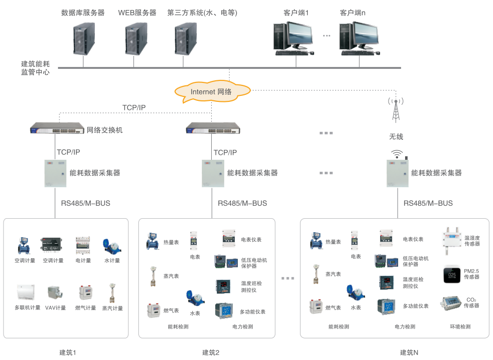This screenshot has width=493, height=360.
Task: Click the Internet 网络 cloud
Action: (x=211, y=92)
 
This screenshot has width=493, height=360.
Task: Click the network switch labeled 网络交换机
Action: (x=57, y=128)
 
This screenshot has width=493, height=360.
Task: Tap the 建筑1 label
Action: (x=67, y=353)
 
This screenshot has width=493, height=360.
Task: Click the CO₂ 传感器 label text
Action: (x=471, y=303)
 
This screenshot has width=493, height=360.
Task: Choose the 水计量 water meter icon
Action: (x=109, y=246)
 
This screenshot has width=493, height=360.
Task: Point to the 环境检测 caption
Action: (x=460, y=327)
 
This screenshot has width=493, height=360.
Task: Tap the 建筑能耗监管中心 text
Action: (x=35, y=68)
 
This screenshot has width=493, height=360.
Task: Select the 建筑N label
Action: (x=409, y=353)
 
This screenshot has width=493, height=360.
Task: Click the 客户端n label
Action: (x=352, y=13)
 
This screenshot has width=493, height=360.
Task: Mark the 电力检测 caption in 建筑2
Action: (x=243, y=327)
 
